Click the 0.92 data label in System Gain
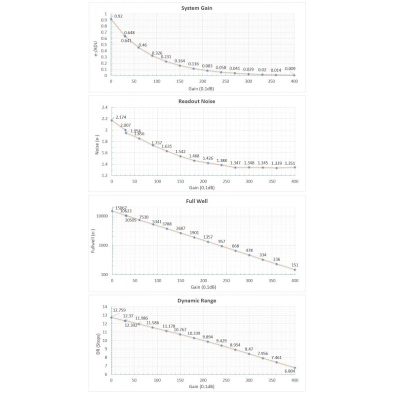[118, 16]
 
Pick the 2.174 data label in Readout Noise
[121, 117]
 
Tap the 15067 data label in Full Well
[121, 208]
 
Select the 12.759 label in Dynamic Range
[120, 310]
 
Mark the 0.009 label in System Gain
[290, 69]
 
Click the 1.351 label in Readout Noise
[290, 162]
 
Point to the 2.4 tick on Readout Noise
[104, 107]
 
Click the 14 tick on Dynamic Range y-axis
[105, 307]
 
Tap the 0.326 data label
[157, 53]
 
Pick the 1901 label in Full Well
[194, 233]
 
